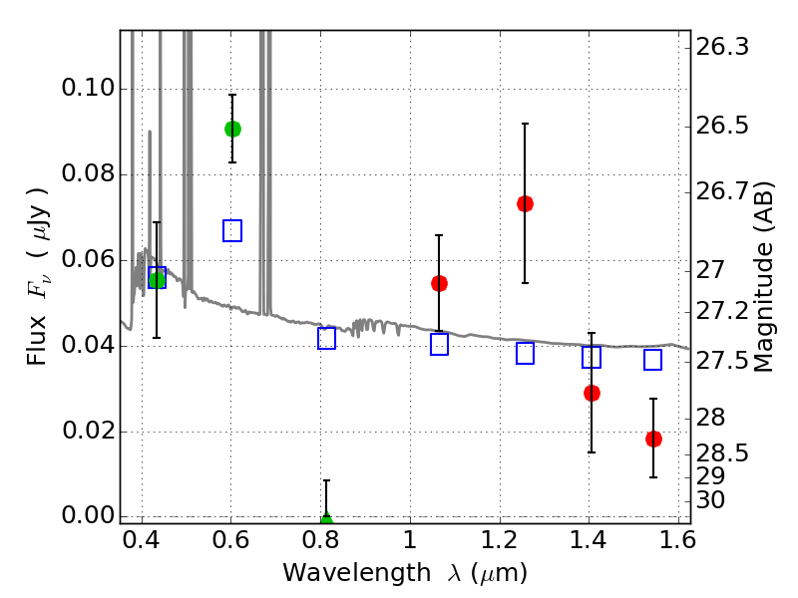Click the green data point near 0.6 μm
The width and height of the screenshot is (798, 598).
pyautogui.click(x=232, y=130)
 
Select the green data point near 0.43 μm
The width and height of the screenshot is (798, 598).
pyautogui.click(x=158, y=280)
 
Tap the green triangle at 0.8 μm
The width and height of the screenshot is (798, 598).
pyautogui.click(x=326, y=518)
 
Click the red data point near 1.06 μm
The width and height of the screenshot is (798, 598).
pyautogui.click(x=439, y=283)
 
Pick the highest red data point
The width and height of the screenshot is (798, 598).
pyautogui.click(x=526, y=204)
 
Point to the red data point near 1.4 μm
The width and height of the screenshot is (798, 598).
pyautogui.click(x=592, y=393)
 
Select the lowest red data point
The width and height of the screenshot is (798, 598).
pyautogui.click(x=654, y=439)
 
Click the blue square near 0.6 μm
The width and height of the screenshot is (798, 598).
pyautogui.click(x=232, y=231)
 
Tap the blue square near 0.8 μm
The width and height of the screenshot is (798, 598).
pyautogui.click(x=327, y=339)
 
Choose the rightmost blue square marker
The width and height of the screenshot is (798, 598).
pyautogui.click(x=653, y=360)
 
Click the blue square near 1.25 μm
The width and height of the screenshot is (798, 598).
pyautogui.click(x=526, y=354)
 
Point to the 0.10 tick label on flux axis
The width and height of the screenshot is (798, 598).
pyautogui.click(x=88, y=88)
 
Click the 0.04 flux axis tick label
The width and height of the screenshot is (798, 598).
pyautogui.click(x=88, y=345)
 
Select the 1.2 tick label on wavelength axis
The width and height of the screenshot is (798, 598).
pyautogui.click(x=500, y=540)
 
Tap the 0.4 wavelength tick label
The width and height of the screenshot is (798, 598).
pyautogui.click(x=142, y=540)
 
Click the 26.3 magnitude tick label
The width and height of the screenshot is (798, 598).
pyautogui.click(x=722, y=47)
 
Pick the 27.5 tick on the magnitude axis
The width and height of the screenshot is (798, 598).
pyautogui.click(x=722, y=361)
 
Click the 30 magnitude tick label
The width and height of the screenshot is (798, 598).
pyautogui.click(x=710, y=500)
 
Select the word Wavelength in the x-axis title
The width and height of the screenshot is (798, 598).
pyautogui.click(x=357, y=574)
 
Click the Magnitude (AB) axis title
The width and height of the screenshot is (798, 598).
pyautogui.click(x=763, y=277)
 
